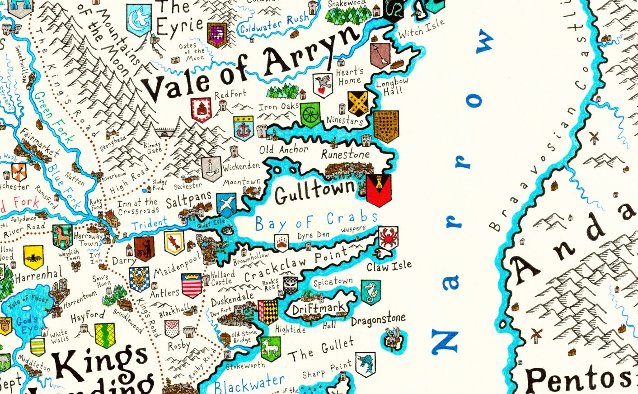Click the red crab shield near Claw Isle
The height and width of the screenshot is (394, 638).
[x=388, y=237]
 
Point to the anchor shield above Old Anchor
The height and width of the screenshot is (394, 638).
[x=243, y=128]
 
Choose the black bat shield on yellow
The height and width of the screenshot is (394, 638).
[x=33, y=257]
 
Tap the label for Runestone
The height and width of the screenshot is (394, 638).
[x=346, y=154]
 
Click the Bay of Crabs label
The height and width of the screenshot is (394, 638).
[x=316, y=221]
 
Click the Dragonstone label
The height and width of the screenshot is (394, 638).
[x=378, y=320]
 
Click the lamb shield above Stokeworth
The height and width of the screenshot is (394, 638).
[x=271, y=348]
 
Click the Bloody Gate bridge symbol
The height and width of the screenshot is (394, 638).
[x=165, y=132]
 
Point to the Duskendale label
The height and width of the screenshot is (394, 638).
[x=232, y=299]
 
